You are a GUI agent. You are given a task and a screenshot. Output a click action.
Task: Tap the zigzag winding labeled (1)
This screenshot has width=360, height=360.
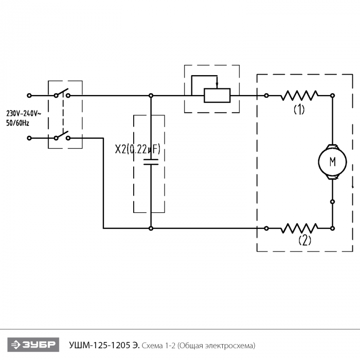pos(299,95)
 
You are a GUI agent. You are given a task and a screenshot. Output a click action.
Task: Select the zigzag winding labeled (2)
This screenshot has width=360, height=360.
pos(299,228)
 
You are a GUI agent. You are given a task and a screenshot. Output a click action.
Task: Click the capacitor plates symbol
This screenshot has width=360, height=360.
pos(151,162)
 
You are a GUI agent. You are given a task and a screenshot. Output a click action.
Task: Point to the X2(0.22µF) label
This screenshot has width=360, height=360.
pos(137,149)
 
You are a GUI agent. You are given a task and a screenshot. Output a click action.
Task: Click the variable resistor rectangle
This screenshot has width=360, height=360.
pos(217,95)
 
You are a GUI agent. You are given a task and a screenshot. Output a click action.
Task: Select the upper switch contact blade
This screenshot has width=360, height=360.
pos(62,92)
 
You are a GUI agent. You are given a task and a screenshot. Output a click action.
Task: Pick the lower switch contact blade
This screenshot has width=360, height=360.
pos(62,134)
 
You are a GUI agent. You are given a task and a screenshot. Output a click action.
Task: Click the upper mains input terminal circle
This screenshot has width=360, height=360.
pos(29,95)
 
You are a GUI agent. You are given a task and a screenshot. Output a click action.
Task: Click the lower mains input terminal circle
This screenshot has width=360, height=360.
pos(29,138)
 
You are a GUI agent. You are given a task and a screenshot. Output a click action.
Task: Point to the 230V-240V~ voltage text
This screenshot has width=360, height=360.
pos(24,114)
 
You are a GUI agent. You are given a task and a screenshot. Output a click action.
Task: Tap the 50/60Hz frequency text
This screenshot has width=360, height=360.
pos(17,123)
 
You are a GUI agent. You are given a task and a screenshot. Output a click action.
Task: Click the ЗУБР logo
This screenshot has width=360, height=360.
pos(33,345)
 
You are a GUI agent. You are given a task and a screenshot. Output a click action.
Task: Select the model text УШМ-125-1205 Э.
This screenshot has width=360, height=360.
pos(104,345)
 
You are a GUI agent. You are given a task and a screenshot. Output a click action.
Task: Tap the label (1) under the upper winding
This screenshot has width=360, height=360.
pos(299,109)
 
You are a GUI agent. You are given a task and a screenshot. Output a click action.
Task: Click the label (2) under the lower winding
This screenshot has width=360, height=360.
pos(305,240)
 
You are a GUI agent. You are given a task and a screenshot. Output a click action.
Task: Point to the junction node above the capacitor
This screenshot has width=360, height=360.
pos(151,95)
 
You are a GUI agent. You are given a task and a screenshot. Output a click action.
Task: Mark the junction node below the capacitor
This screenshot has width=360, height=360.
pos(151,228)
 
